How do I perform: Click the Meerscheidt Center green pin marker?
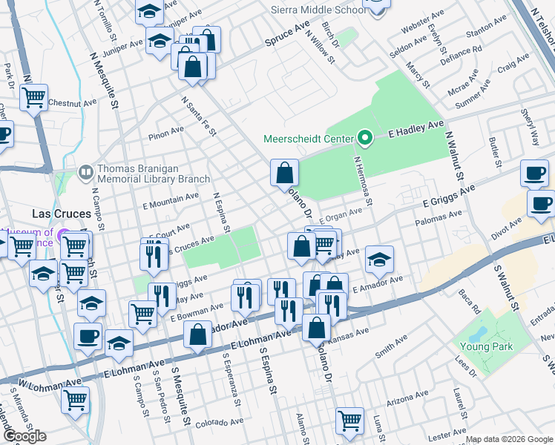(364, 138)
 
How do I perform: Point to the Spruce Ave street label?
(287, 36)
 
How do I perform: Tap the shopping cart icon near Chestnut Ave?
(34, 97)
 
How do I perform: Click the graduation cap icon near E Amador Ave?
(379, 260)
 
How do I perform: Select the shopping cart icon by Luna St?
(349, 421)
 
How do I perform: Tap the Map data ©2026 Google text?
(509, 439)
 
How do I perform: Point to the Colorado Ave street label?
(220, 423)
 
